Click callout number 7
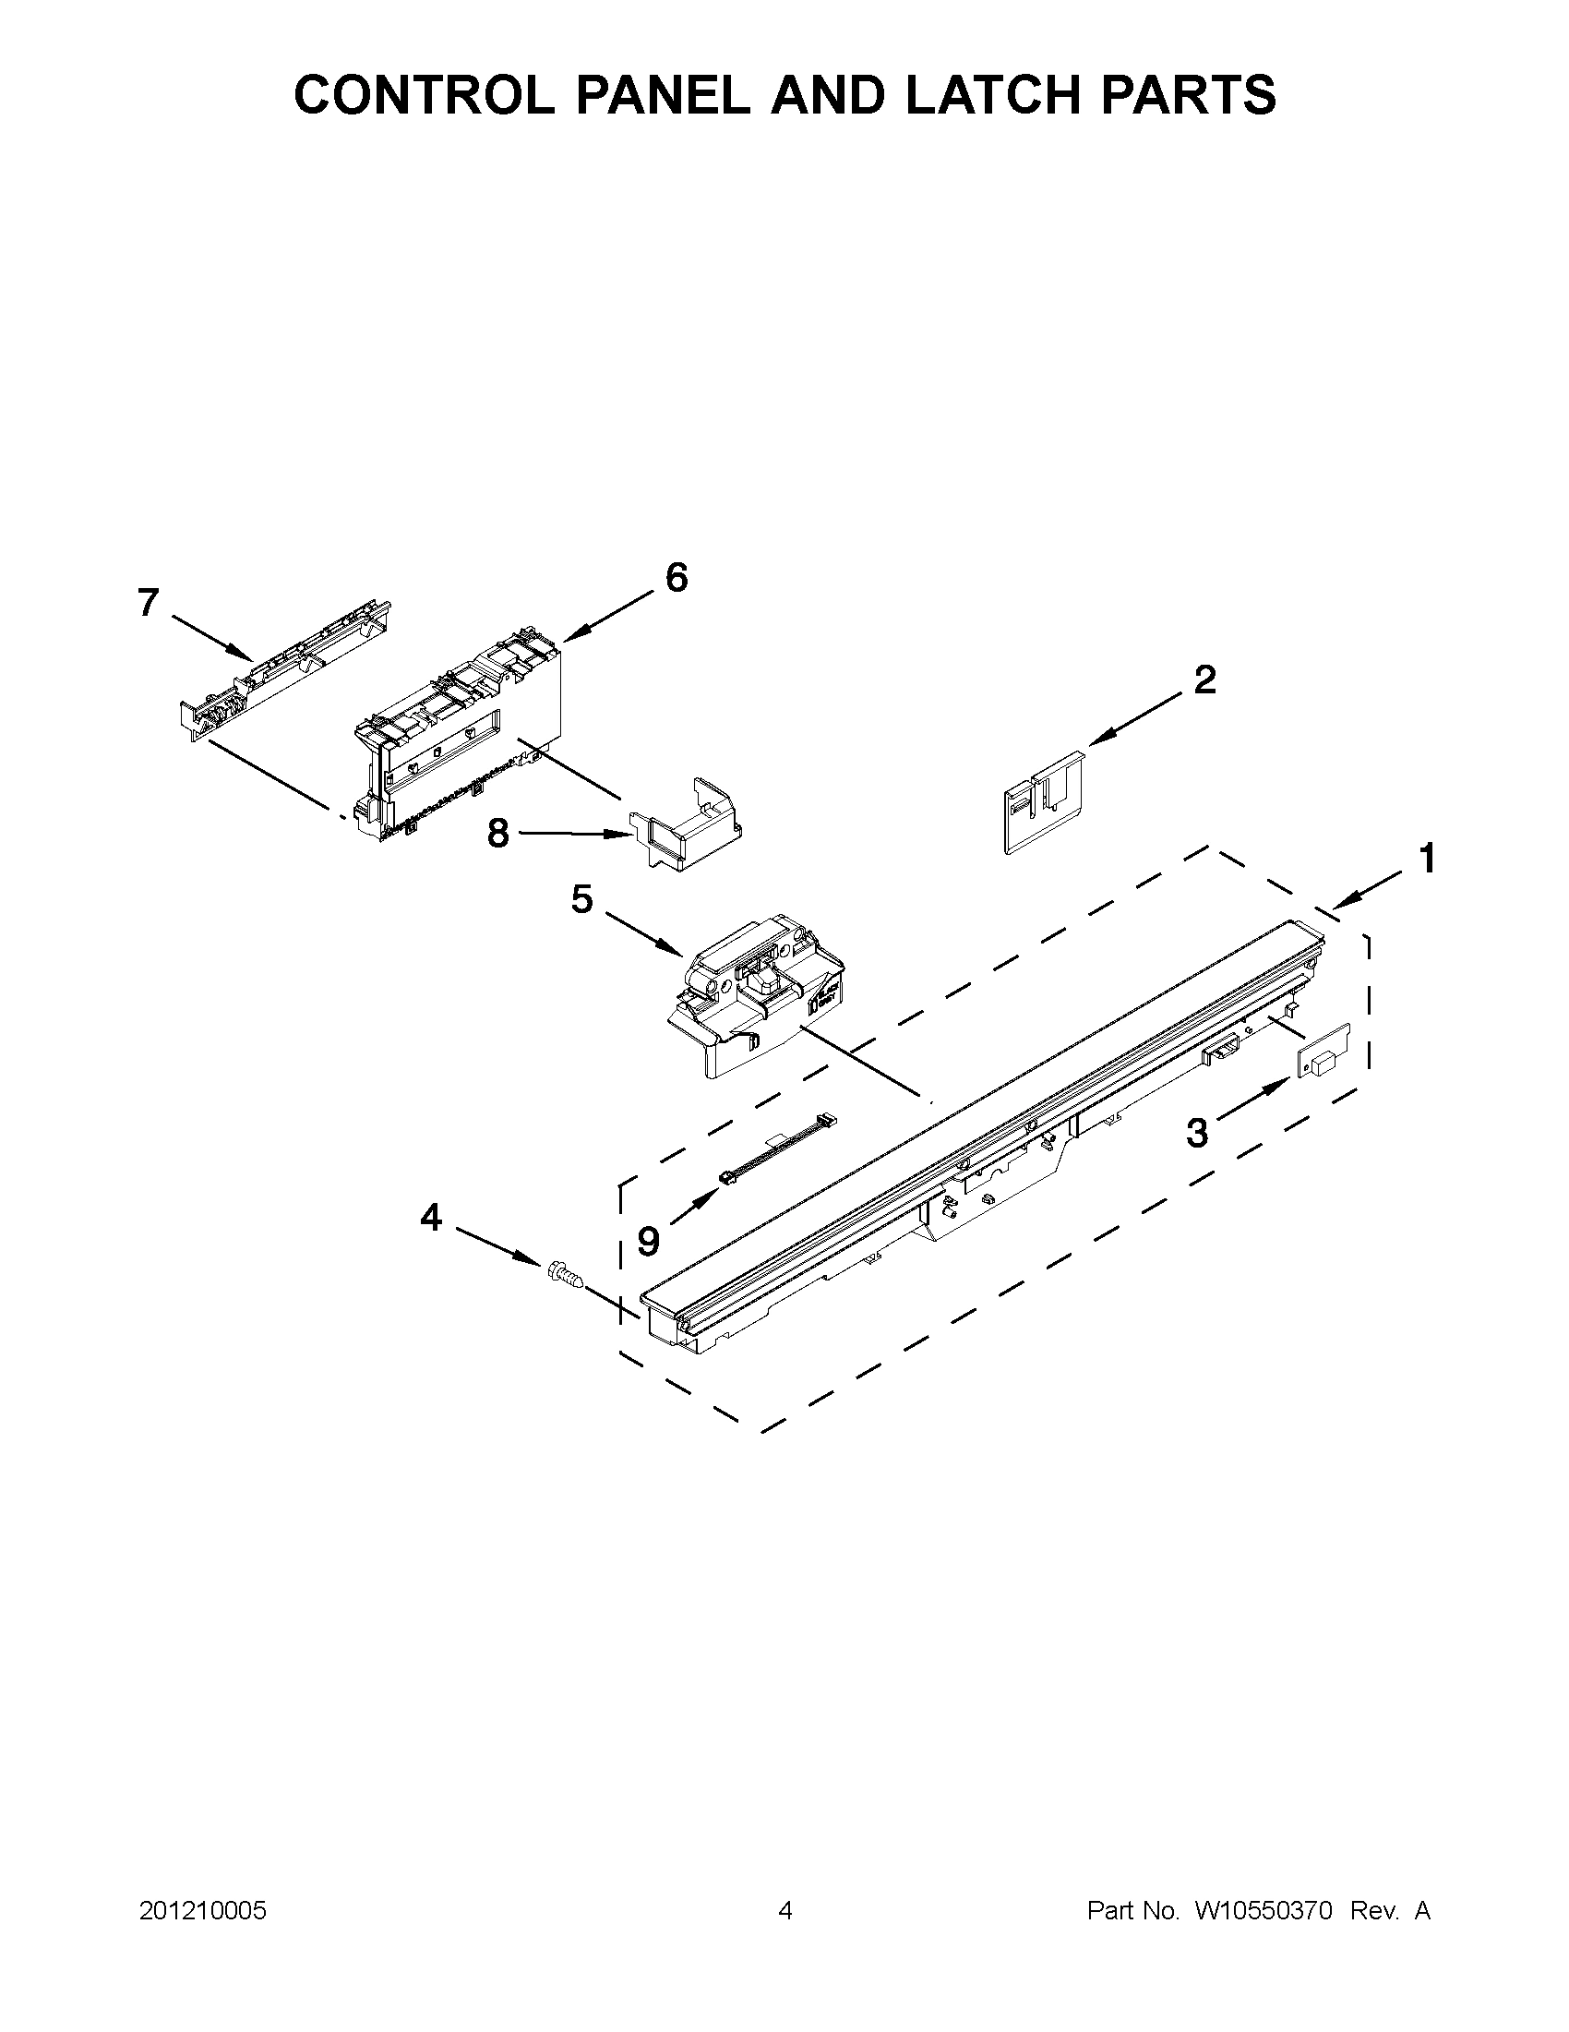coord(148,603)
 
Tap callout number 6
coord(677,578)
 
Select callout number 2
coord(1204,679)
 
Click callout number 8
coord(498,833)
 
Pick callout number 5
coord(581,900)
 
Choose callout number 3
coord(1198,1132)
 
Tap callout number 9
coord(648,1240)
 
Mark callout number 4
coord(431,1216)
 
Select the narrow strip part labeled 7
coord(283,672)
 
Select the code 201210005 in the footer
coord(203,1911)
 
